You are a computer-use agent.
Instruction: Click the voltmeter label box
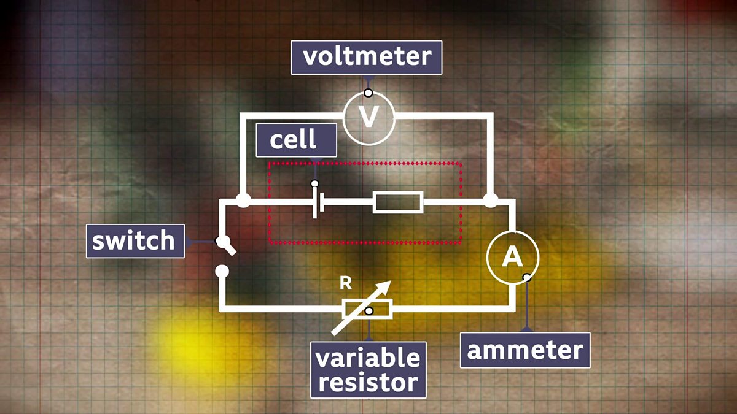click(366, 58)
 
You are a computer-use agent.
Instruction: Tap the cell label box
click(296, 140)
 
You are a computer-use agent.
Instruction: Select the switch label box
click(135, 241)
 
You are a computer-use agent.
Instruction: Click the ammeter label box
click(525, 350)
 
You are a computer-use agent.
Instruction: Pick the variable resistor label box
click(368, 370)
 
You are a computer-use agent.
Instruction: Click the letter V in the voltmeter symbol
click(368, 117)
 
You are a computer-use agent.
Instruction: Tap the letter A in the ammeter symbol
click(512, 256)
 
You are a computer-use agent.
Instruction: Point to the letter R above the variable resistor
click(345, 284)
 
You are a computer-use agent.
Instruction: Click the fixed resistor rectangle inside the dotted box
click(398, 202)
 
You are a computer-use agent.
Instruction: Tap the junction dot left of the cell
click(243, 200)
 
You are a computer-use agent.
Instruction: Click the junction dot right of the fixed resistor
click(491, 200)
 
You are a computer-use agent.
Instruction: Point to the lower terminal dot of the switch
click(222, 271)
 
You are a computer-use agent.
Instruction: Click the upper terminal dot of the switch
click(222, 242)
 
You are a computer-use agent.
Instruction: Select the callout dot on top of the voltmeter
click(368, 93)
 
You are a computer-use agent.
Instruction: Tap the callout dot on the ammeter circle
click(527, 277)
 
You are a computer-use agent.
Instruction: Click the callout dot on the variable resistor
click(369, 311)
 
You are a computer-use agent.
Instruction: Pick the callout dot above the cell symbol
click(315, 183)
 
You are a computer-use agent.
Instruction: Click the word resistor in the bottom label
click(368, 383)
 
